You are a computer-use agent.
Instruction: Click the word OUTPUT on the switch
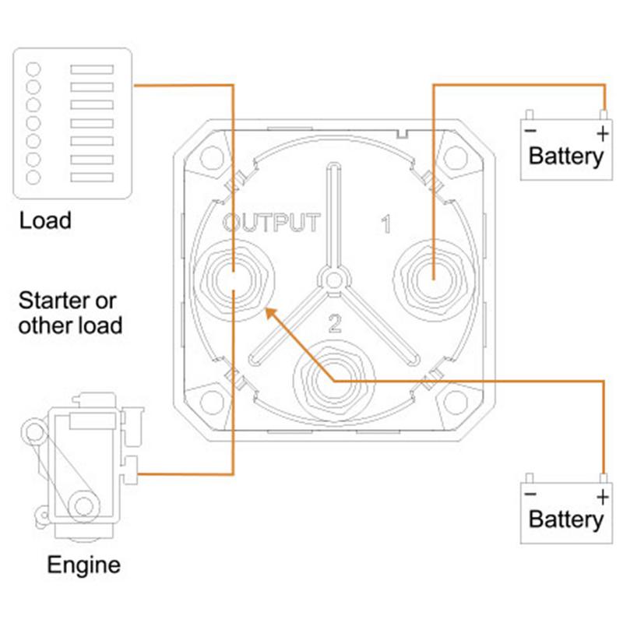point(270,223)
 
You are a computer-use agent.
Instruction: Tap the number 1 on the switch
point(385,225)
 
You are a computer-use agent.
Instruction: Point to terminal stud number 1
point(433,277)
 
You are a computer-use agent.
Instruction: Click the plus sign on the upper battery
point(601,134)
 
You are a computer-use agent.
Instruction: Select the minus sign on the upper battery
point(530,132)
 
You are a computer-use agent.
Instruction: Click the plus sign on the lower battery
point(601,497)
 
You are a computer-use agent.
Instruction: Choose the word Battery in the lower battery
point(565,519)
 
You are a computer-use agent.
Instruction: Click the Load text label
point(45,220)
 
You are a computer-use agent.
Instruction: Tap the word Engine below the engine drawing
point(84,565)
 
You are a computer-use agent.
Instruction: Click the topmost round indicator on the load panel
point(33,67)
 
